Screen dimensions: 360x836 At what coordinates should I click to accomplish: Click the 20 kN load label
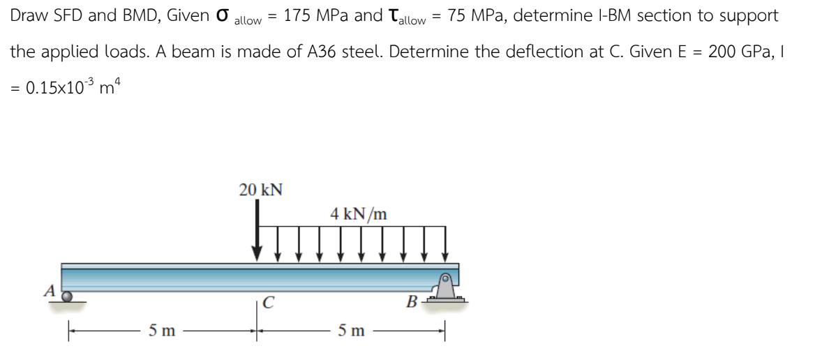(x=260, y=190)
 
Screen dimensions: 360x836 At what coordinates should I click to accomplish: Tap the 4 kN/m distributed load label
(x=359, y=214)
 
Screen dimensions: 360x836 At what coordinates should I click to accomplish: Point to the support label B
(x=412, y=303)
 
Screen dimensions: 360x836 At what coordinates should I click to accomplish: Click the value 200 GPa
(x=736, y=52)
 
